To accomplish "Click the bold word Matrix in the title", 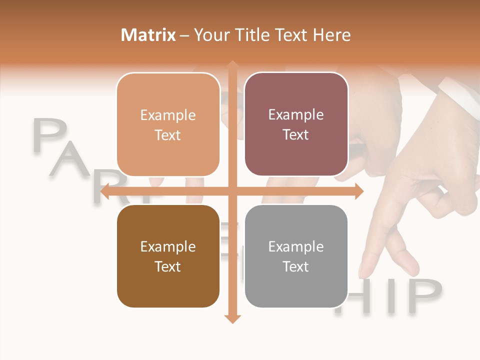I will tap(148, 35).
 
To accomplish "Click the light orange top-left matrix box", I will tap(168, 124).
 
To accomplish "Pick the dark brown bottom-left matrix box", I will tap(168, 256).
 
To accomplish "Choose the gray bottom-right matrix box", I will tap(296, 256).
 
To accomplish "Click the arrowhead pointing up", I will tap(232, 65).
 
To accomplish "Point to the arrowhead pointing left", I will tap(105, 191).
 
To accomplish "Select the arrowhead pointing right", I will tap(358, 191).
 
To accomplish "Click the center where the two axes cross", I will tap(232, 191).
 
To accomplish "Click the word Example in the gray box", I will tap(296, 246).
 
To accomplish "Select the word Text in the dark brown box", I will tap(168, 266).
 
